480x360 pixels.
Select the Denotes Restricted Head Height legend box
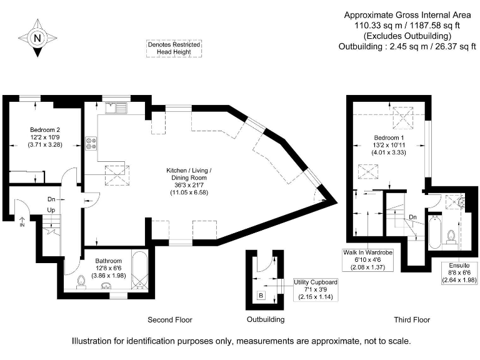[174, 49]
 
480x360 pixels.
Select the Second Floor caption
[169, 320]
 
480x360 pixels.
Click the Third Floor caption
[412, 320]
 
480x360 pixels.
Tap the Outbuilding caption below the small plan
[266, 320]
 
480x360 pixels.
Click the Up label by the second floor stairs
[51, 210]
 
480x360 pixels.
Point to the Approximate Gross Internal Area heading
[407, 16]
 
